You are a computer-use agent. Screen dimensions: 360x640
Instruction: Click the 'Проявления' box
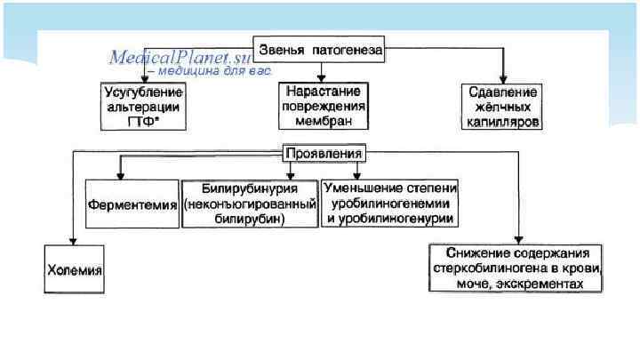(x=323, y=153)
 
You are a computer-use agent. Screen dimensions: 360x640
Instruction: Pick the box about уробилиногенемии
(x=390, y=204)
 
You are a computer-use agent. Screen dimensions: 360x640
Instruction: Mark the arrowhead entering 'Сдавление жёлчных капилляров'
(x=502, y=79)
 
